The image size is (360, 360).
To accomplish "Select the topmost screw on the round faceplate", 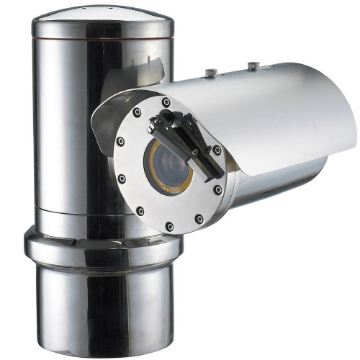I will [166, 102].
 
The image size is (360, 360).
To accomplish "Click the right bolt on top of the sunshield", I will [253, 66].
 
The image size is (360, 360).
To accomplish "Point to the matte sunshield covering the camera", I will [274, 108].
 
